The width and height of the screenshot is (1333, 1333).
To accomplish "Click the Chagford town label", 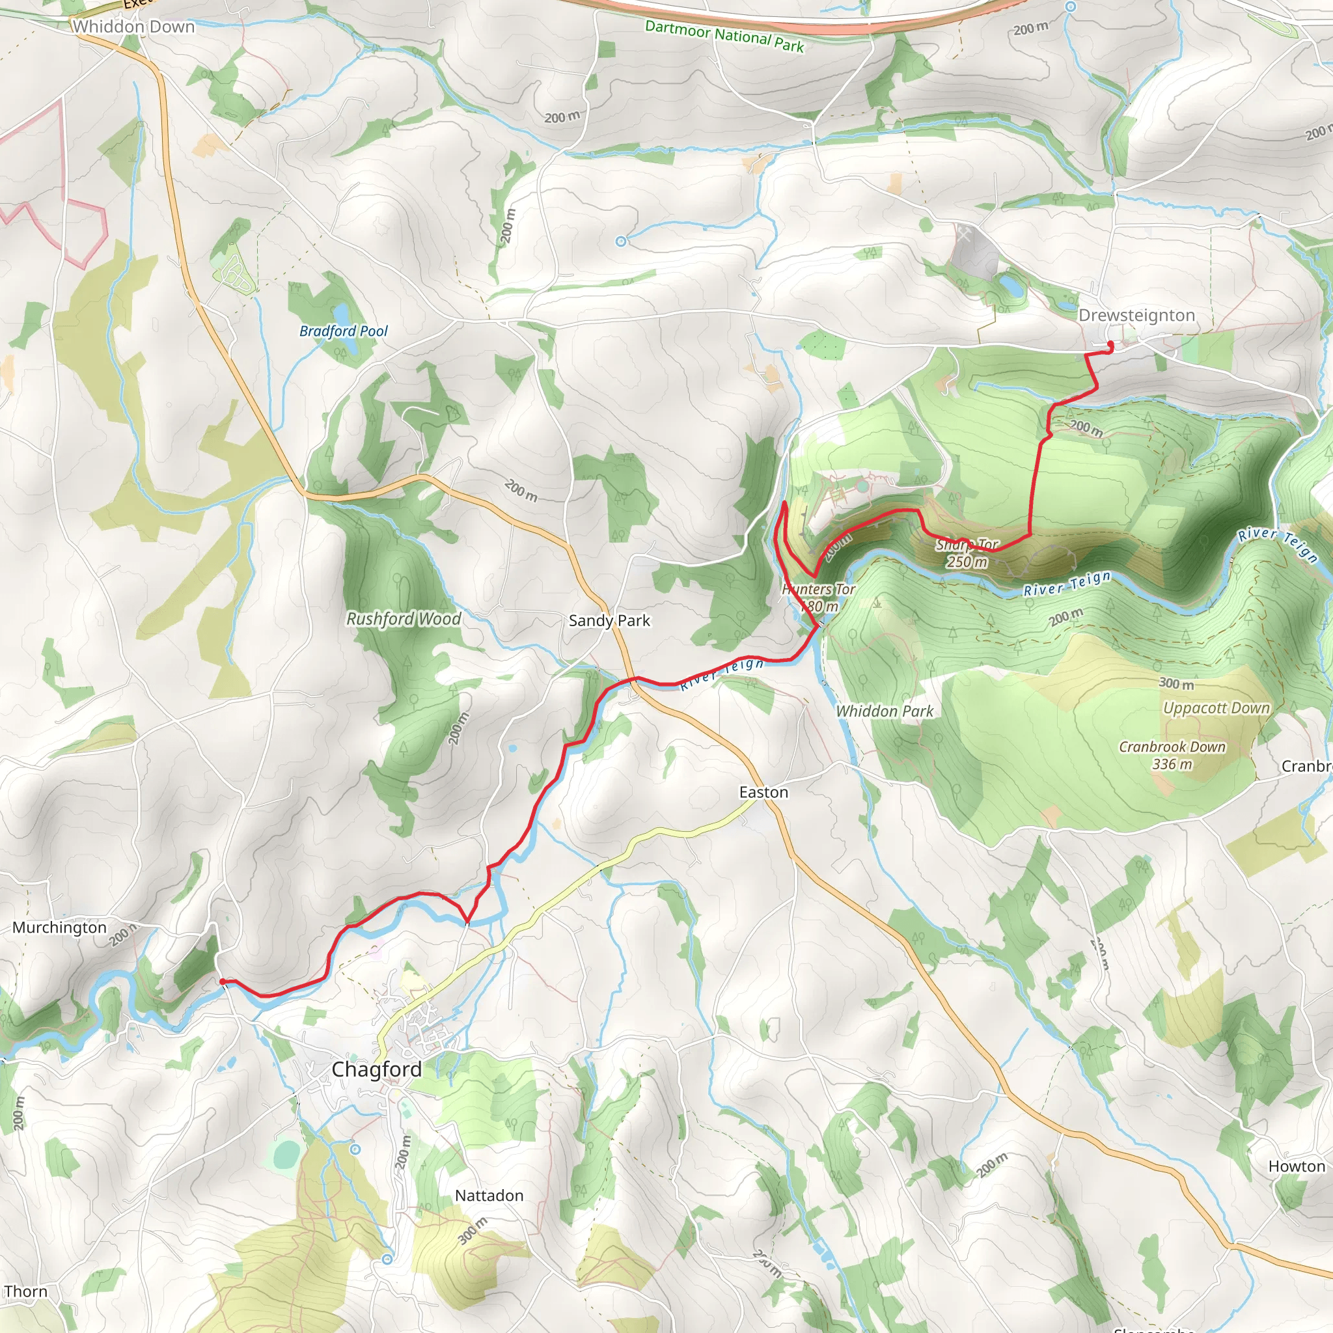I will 376,1069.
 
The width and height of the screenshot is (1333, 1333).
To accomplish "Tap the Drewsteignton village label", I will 1136,315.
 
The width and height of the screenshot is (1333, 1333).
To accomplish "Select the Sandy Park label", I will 609,620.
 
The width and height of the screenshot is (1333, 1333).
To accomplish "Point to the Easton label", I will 763,792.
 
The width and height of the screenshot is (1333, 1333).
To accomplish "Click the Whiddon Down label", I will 134,27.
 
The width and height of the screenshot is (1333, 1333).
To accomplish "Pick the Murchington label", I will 59,928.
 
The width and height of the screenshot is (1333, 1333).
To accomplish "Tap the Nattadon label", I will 489,1195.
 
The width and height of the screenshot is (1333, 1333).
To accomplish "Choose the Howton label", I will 1297,1166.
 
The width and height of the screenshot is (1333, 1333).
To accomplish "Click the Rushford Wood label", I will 404,619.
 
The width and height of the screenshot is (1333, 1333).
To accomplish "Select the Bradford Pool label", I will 344,331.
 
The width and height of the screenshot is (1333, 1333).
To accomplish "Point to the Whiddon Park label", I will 885,711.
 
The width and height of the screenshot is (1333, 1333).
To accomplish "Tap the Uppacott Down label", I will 1216,708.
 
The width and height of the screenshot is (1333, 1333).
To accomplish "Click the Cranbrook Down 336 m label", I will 1172,756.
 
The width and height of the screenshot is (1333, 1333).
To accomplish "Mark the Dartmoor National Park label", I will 724,36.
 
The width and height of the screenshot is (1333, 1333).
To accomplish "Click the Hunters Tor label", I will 818,590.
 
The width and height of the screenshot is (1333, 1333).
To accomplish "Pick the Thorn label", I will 25,1291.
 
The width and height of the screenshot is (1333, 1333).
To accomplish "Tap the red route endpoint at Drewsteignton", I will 1110,345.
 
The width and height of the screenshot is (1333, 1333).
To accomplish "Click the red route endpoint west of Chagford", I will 222,981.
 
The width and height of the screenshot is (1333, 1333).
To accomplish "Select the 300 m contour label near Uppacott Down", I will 1176,684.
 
